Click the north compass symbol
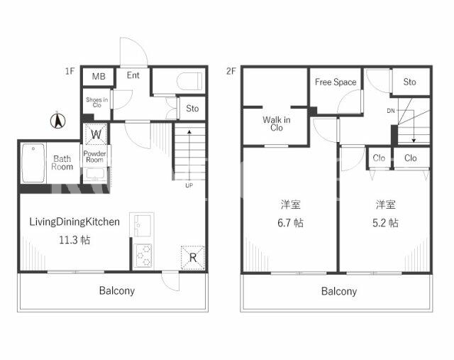[58, 121]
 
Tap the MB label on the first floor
[99, 76]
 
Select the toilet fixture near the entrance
[189, 81]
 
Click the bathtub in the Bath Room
[33, 163]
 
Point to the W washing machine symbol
[96, 134]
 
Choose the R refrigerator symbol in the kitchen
[192, 257]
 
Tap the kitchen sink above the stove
[143, 225]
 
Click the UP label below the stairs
[189, 185]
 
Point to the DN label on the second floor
[391, 111]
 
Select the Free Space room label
[336, 82]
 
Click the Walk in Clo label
[277, 124]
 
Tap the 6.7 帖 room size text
[290, 223]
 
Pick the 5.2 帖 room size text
[385, 223]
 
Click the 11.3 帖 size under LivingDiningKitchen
[74, 240]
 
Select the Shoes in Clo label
[97, 102]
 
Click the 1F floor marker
[70, 71]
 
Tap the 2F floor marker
[231, 71]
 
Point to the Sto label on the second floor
[410, 82]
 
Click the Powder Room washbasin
[95, 175]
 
